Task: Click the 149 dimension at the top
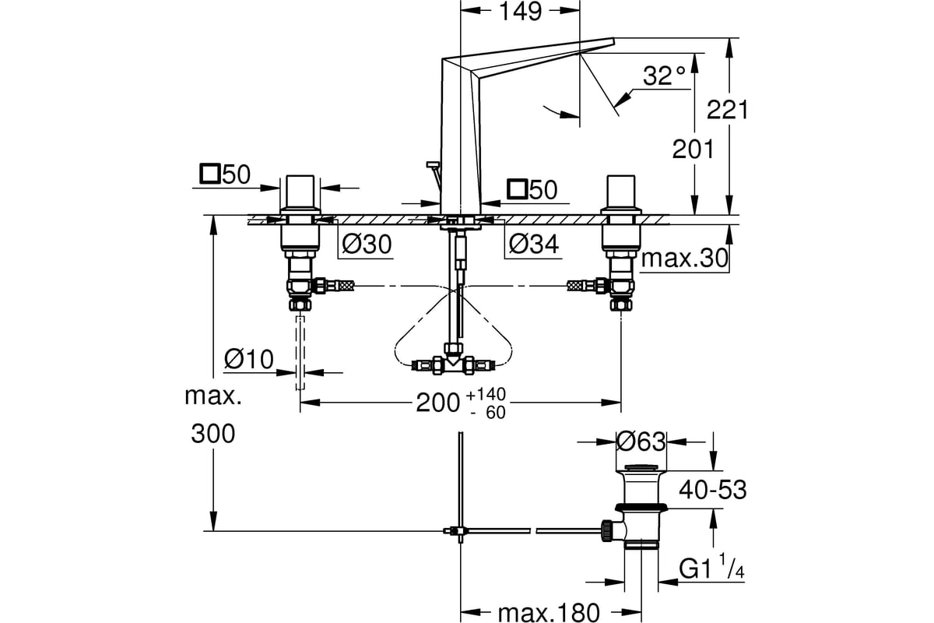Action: coord(521,11)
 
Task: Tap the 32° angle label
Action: coord(664,76)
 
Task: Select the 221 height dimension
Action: coord(727,110)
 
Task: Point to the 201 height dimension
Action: coord(693,150)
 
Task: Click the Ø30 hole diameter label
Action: coord(367,244)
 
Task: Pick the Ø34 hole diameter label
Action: coord(534,244)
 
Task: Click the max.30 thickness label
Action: coord(685,259)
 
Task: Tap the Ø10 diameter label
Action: coord(248,359)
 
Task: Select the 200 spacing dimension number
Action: coord(437,403)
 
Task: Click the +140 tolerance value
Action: coord(486,394)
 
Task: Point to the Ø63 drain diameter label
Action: coord(641,442)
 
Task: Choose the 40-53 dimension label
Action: coord(713,490)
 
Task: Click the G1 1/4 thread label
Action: coord(711,567)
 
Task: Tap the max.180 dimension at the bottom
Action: coord(549,613)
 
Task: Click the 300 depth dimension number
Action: coord(213,434)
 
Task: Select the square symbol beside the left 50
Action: coord(209,174)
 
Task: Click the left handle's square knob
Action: coord(300,191)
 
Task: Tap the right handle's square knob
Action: coord(621,191)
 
